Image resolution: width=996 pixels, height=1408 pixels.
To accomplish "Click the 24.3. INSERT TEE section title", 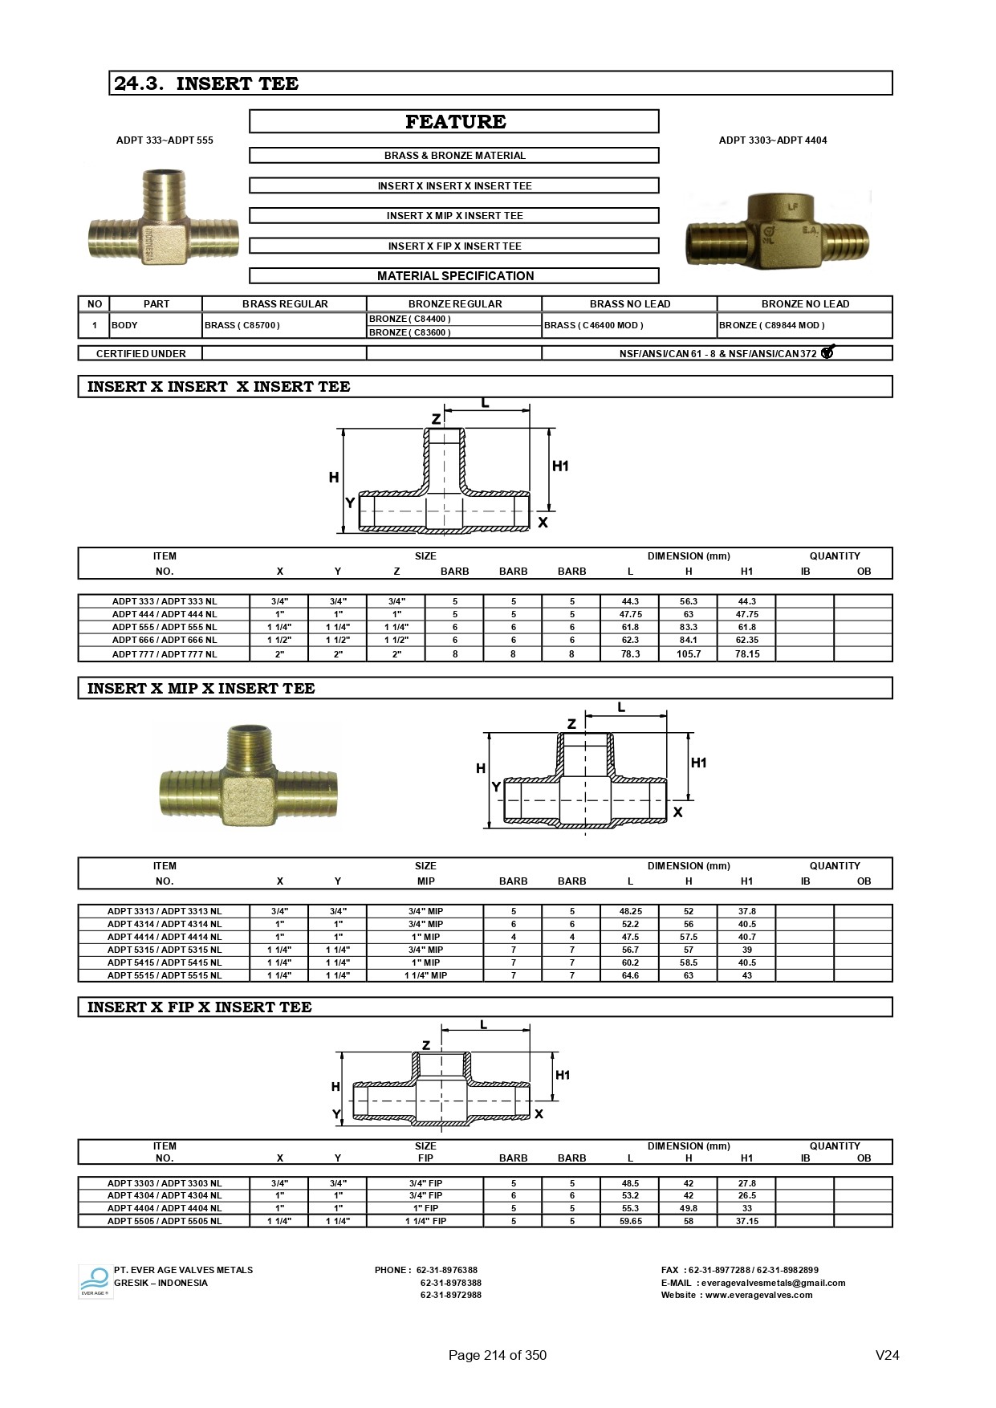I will pos(206,83).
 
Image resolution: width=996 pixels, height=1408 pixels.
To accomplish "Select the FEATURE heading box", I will pos(454,122).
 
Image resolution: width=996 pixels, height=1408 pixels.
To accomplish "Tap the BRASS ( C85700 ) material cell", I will pos(242,325).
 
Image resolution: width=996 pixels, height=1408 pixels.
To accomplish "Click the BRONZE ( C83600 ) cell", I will pos(410,332).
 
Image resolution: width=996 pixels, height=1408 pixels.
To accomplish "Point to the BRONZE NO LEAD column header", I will pos(804,304).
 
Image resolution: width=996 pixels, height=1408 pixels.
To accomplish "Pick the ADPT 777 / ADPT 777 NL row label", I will pos(165,654).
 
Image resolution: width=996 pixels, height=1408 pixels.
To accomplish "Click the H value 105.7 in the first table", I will pos(688,654).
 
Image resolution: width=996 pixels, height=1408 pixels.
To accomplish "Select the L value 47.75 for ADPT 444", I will pos(630,614).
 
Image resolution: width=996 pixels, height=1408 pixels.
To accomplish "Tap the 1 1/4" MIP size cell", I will pos(425,975).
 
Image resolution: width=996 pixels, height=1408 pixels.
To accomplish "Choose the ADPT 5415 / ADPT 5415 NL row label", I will pos(165,962).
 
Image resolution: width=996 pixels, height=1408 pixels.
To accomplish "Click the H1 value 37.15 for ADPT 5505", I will pos(746,1221).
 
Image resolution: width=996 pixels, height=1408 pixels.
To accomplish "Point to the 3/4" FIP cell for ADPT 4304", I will pos(425,1195).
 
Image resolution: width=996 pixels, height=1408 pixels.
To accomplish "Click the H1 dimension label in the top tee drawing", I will pos(560,466).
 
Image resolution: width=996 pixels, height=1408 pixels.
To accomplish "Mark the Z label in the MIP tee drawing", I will pos(571,724).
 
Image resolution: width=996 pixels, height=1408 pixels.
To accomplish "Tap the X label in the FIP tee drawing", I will pos(539,1114).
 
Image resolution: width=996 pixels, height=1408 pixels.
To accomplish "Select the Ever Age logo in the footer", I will pos(95,1282).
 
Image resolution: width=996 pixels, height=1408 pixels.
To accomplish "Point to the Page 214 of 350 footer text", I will pos(497,1355).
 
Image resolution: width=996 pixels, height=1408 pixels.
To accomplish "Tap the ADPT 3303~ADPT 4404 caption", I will pos(772,140).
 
